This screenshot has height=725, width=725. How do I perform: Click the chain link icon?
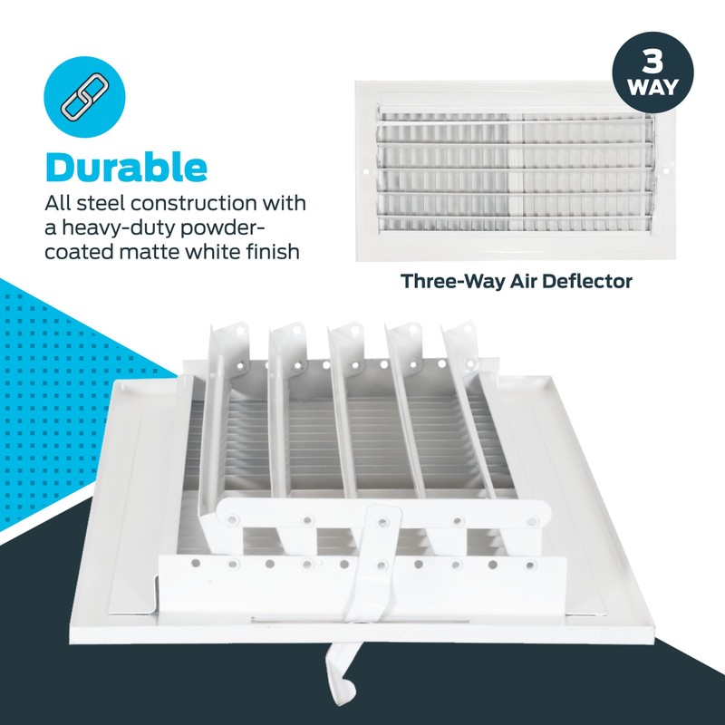click(84, 97)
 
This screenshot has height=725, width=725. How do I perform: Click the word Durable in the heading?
click(126, 168)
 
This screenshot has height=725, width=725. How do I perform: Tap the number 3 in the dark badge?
click(652, 62)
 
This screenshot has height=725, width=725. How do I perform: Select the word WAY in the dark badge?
click(652, 87)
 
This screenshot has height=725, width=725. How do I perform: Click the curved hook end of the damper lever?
click(342, 677)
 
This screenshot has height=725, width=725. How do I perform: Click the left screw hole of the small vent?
click(366, 171)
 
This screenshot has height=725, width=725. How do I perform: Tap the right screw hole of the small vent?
click(666, 170)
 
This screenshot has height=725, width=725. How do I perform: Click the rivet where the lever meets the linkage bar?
click(382, 522)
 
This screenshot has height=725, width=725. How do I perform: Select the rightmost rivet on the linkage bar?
click(532, 522)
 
